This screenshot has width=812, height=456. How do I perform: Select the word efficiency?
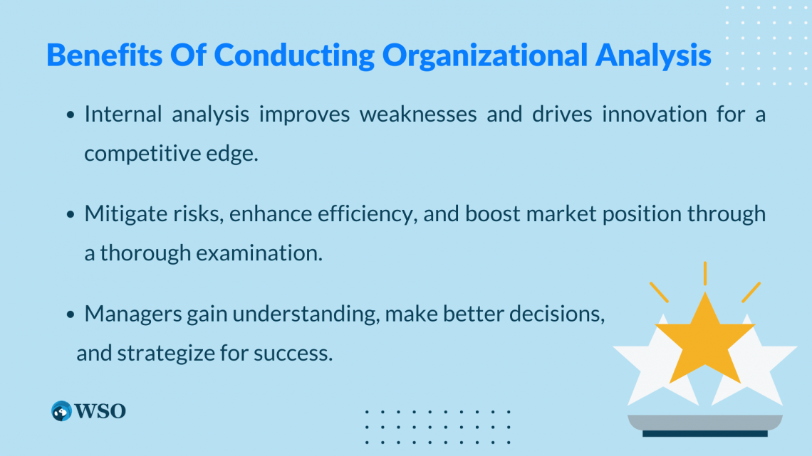point(373,213)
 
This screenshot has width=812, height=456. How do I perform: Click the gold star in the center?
point(704,339)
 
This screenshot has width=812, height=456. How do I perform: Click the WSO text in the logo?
point(100,410)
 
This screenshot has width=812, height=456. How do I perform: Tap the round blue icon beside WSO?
point(62,410)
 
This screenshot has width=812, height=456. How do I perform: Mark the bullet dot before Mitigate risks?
point(72,214)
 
